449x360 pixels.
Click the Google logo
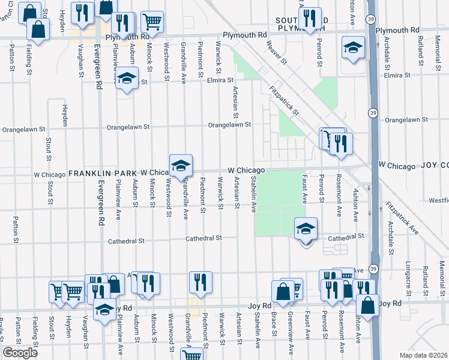pyautogui.click(x=20, y=353)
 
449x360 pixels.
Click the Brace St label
pyautogui.click(x=274, y=323)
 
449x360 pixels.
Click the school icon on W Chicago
pyautogui.click(x=180, y=166)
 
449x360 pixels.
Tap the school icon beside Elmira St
pyautogui.click(x=127, y=79)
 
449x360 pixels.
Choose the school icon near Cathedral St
pyautogui.click(x=306, y=229)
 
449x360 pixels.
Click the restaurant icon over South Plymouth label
pyautogui.click(x=310, y=19)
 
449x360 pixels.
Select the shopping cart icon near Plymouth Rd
pyautogui.click(x=152, y=23)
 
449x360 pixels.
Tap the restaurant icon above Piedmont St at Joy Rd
pyautogui.click(x=200, y=282)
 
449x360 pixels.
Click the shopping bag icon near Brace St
pyautogui.click(x=282, y=292)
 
